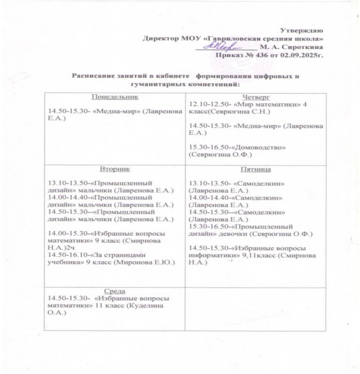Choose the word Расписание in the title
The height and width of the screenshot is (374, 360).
pyautogui.click(x=94, y=76)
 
